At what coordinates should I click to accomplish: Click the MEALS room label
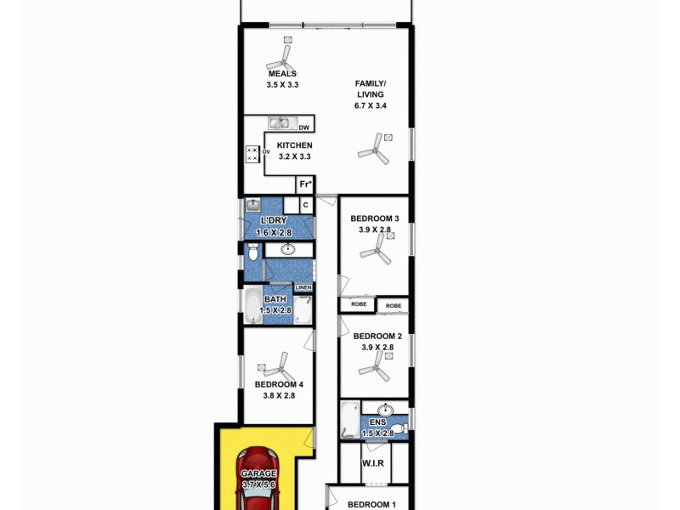point(282,74)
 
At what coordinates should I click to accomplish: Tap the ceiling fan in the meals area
point(280,58)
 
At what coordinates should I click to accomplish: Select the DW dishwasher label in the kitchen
point(303,127)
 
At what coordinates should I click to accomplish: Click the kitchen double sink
point(280,123)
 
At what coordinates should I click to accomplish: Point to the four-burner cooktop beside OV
point(252,154)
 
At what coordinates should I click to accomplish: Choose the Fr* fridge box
point(305,184)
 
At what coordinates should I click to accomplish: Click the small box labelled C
point(305,205)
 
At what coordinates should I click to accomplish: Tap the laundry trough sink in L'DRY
point(253,206)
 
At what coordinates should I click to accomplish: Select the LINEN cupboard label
point(303,288)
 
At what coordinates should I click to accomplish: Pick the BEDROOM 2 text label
point(376,336)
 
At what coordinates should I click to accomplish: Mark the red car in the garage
point(259,480)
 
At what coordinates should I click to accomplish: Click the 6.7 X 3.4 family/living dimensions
point(371,106)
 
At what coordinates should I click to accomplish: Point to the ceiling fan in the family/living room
point(374,151)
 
